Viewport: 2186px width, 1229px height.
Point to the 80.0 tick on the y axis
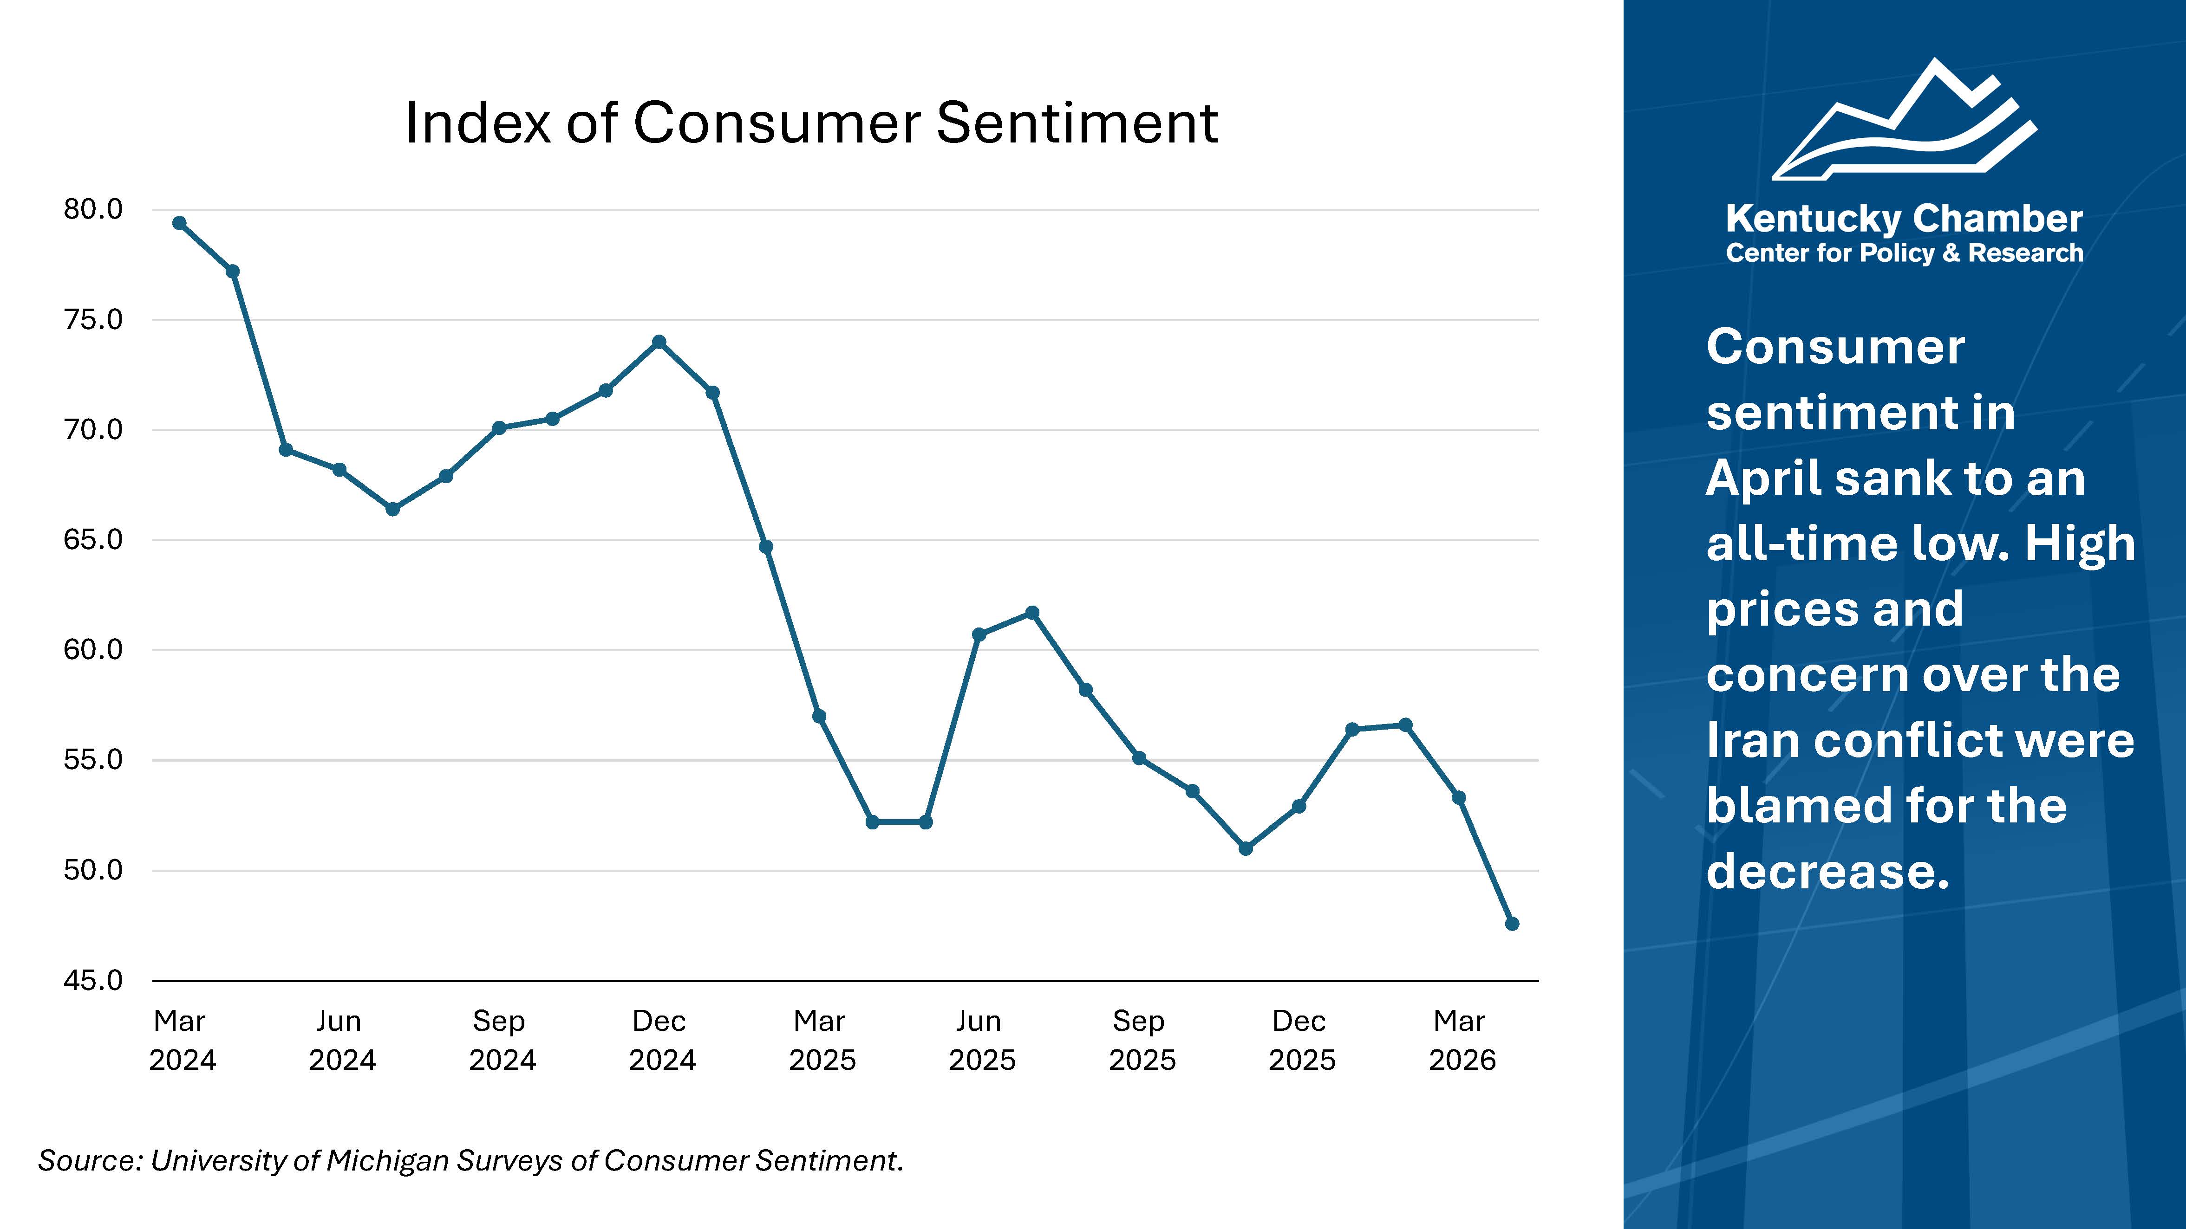pyautogui.click(x=93, y=209)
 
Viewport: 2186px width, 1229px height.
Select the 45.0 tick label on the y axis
pyautogui.click(x=93, y=981)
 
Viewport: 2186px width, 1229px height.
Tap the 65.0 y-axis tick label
pyautogui.click(x=93, y=539)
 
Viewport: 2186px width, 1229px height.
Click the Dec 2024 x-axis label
pyautogui.click(x=661, y=1040)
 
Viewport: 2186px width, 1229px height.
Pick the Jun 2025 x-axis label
pyautogui.click(x=981, y=1040)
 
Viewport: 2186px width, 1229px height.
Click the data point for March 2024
pyautogui.click(x=180, y=223)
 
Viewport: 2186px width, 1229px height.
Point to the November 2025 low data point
pyautogui.click(x=1246, y=848)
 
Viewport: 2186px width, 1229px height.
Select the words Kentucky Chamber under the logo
pyautogui.click(x=1904, y=219)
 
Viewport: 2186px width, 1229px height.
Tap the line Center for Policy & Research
pyautogui.click(x=1904, y=253)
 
